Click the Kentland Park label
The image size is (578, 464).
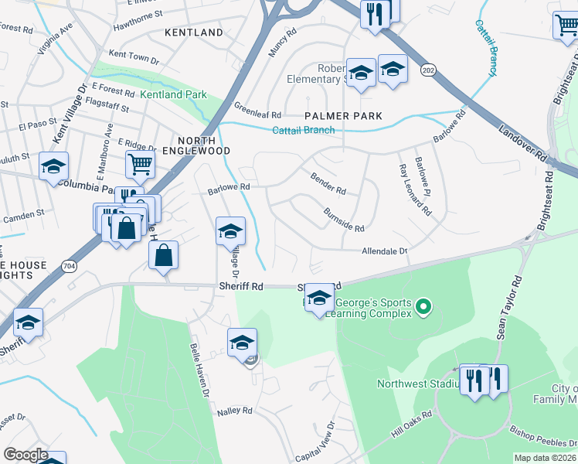point(173,94)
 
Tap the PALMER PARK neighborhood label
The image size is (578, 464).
point(344,116)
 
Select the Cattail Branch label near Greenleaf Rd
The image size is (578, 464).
point(303,130)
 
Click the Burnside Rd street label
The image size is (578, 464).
point(343,220)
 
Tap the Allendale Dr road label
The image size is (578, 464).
point(384,251)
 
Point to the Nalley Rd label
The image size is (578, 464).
point(236,411)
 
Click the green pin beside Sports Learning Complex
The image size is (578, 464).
point(423,309)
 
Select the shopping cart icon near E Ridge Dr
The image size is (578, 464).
point(140,162)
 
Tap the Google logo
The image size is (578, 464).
point(25,455)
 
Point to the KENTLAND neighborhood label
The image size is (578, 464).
point(194,32)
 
